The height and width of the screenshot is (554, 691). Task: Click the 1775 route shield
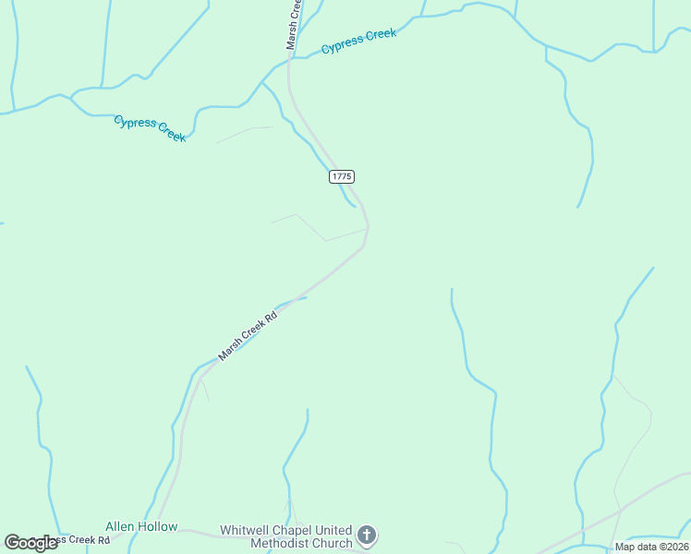coord(342,175)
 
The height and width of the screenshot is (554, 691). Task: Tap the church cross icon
coord(367,536)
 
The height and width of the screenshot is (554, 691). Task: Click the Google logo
coord(30,543)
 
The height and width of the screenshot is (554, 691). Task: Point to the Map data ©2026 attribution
coord(652,547)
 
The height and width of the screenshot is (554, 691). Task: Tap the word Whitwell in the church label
coord(247,531)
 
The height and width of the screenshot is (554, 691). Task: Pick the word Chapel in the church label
coord(297,531)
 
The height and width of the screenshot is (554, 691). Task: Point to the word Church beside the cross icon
coord(333,544)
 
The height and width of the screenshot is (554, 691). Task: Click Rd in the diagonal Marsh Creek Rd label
coord(271,316)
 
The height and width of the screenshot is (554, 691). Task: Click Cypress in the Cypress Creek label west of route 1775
coord(133,123)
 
